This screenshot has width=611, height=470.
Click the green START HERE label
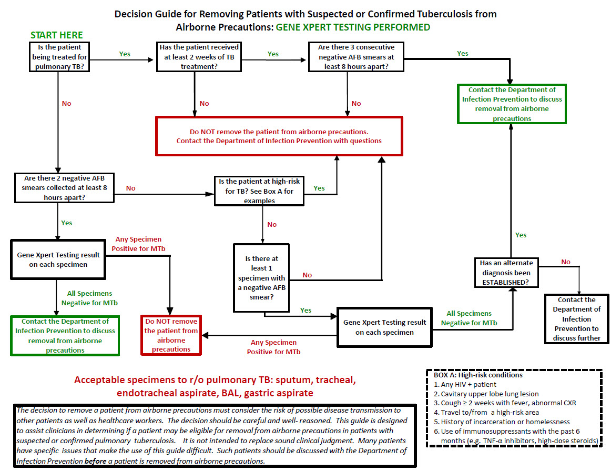[57, 35]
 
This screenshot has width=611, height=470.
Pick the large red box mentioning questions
[279, 136]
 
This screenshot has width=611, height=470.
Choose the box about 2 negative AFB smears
[64, 187]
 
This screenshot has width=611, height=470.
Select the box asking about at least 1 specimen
[261, 278]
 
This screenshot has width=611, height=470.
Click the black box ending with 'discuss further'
[576, 319]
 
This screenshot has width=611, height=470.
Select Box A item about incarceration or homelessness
[505, 422]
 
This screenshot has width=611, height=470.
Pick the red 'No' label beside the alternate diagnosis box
[565, 262]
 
